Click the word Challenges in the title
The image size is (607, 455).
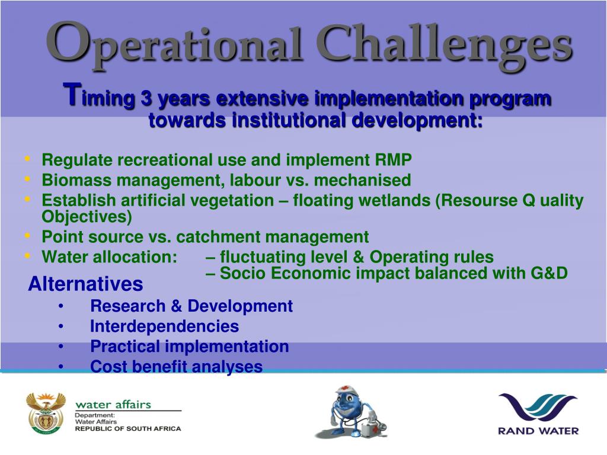pos(445,46)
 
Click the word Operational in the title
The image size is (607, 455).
pos(174,46)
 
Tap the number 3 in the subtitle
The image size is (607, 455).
pos(146,98)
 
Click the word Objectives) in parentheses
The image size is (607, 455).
pos(87,217)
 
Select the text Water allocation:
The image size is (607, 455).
pos(110,257)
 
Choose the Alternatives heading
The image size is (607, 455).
pos(85,284)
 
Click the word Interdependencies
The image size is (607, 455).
pos(165,326)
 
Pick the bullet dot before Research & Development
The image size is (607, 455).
pos(61,306)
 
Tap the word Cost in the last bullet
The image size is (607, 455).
pos(108,366)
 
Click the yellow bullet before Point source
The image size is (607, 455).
pos(27,235)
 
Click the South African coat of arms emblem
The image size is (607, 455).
pos(46,412)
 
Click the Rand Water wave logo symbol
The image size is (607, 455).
pos(538,409)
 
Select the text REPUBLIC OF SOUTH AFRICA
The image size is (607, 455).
pos(128,429)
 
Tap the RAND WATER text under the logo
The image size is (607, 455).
pos(538,431)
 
